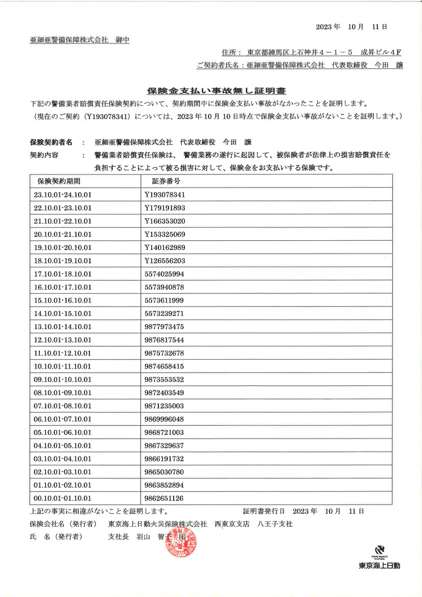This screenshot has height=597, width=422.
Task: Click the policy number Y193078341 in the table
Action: pos(165,195)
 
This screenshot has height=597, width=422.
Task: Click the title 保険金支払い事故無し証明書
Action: pos(217,91)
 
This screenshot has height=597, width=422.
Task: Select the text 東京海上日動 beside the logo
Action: pos(379,566)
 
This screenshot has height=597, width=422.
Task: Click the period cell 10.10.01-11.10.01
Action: pos(62,366)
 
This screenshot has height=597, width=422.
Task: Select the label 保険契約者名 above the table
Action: pos(51,142)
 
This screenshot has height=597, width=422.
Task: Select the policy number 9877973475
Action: pos(164,327)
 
